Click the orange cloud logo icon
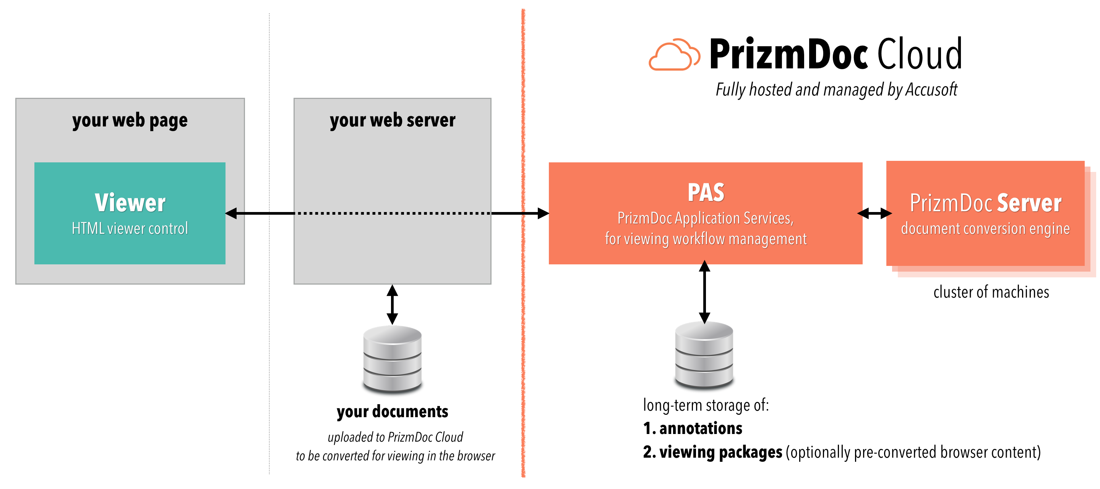click(673, 55)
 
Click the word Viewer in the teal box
click(130, 203)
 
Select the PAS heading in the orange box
click(706, 193)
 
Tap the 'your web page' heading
click(130, 121)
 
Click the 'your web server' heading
click(393, 121)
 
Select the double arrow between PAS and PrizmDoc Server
click(874, 213)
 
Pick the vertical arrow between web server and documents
click(393, 304)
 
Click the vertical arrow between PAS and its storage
click(704, 292)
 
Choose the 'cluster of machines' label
click(991, 292)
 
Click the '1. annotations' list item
click(693, 428)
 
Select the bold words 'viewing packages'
click(721, 452)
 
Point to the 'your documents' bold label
click(393, 412)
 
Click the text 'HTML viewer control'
click(130, 229)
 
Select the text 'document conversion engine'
click(985, 229)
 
